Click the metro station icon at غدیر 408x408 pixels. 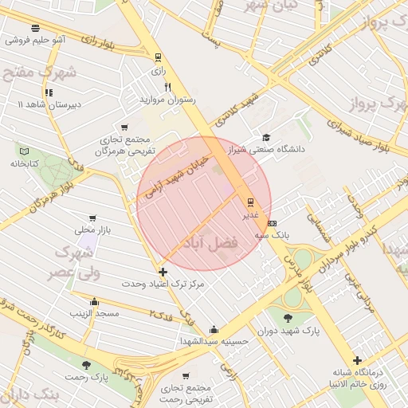250,202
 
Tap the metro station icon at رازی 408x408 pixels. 158,57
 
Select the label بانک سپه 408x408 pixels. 272,235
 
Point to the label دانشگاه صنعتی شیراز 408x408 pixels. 265,148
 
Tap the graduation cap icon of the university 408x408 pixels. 265,136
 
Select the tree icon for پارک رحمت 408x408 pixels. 86,365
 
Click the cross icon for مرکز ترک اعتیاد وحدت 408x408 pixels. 163,272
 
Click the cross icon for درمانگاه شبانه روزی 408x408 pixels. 357,361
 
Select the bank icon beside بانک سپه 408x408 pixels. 273,223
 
